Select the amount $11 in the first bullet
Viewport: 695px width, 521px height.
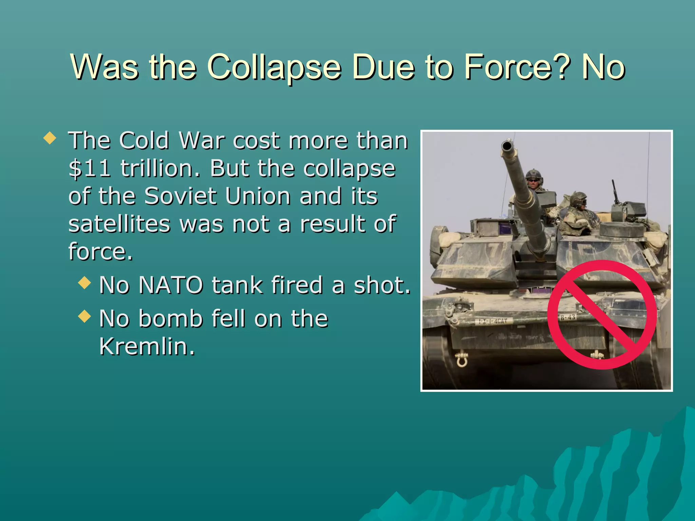tap(89, 169)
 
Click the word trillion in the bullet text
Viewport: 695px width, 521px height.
tap(159, 169)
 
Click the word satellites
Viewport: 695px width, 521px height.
tap(119, 224)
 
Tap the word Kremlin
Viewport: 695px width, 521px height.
tap(147, 346)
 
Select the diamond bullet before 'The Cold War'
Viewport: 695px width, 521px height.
tap(50, 138)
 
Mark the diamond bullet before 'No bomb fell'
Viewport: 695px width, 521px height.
tap(84, 316)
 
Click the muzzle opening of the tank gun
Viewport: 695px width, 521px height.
tap(507, 147)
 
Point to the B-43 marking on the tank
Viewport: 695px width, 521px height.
tap(567, 317)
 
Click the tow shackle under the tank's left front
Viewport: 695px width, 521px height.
tap(462, 360)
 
